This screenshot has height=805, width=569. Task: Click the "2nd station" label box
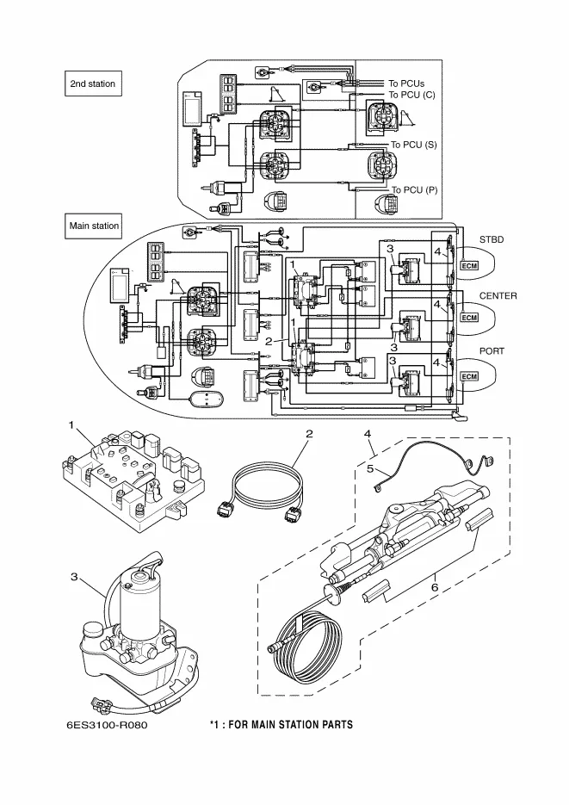point(91,84)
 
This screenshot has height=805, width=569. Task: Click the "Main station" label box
point(94,226)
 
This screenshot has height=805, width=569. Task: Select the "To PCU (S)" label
point(413,145)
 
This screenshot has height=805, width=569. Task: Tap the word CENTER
point(498,295)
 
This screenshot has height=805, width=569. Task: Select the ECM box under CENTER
point(469,318)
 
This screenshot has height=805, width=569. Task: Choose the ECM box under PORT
point(469,377)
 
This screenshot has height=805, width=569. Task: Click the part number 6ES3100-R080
point(112,726)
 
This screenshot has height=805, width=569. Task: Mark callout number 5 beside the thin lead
point(372,470)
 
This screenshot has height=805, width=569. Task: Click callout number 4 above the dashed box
point(368,433)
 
